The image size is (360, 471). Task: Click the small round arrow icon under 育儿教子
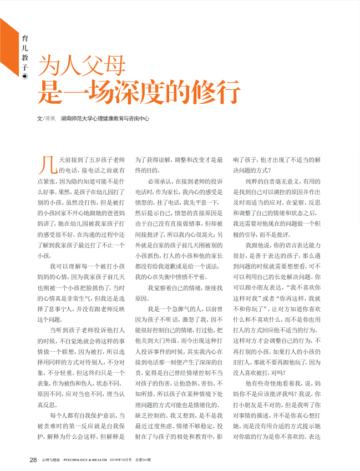pyautogui.click(x=24, y=77)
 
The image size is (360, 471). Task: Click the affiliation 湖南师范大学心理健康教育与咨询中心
pyautogui.click(x=105, y=119)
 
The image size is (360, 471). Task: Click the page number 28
pyautogui.click(x=33, y=459)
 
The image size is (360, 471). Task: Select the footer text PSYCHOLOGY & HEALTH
pyautogui.click(x=85, y=460)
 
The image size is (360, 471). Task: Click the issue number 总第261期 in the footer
pyautogui.click(x=144, y=460)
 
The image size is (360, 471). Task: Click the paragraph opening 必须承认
pyautogui.click(x=159, y=181)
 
